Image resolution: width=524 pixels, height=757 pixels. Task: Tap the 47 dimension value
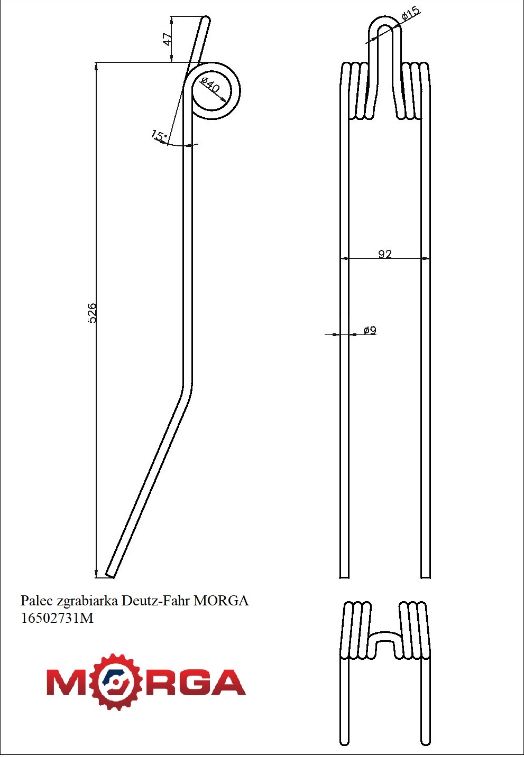(x=167, y=39)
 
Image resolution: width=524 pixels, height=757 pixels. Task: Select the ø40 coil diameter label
(x=210, y=85)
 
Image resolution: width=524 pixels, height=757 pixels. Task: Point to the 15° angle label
(x=158, y=135)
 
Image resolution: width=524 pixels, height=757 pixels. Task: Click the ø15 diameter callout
(x=410, y=14)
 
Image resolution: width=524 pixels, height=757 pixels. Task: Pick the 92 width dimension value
(x=385, y=254)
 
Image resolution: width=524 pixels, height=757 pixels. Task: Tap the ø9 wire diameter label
(x=370, y=330)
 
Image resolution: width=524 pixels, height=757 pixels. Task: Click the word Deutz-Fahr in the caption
(x=156, y=601)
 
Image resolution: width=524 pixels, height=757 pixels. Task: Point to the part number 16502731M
(x=57, y=618)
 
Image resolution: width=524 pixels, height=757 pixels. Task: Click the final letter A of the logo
(x=228, y=683)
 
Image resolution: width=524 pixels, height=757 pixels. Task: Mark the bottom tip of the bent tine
(x=110, y=574)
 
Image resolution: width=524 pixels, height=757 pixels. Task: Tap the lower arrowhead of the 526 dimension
(x=96, y=574)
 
